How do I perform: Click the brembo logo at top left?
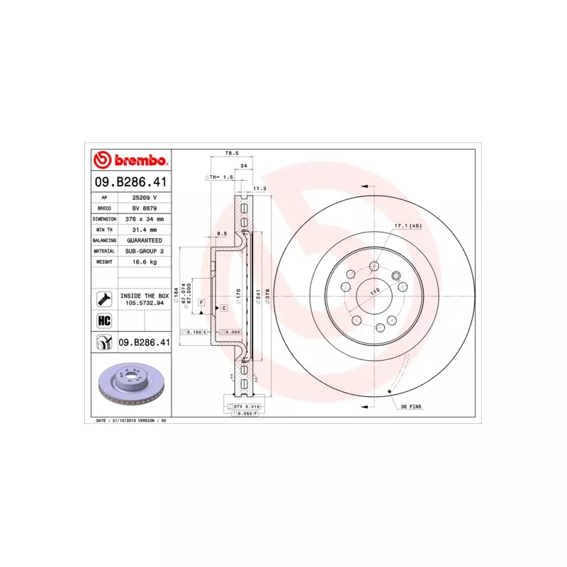click(131, 160)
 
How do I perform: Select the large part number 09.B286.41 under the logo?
click(132, 183)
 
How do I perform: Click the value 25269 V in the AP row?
click(145, 198)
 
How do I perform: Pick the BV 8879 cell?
click(145, 208)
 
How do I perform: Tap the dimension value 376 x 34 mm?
click(145, 219)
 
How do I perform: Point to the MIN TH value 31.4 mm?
click(145, 230)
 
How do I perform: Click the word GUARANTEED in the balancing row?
click(145, 240)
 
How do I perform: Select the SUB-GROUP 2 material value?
click(145, 251)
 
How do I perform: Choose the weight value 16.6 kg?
click(145, 262)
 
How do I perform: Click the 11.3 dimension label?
click(259, 189)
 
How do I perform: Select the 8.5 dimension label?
click(221, 233)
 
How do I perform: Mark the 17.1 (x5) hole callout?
click(408, 225)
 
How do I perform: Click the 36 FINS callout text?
click(412, 406)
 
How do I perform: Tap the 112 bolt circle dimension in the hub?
click(375, 290)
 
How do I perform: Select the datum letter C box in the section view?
click(223, 308)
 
